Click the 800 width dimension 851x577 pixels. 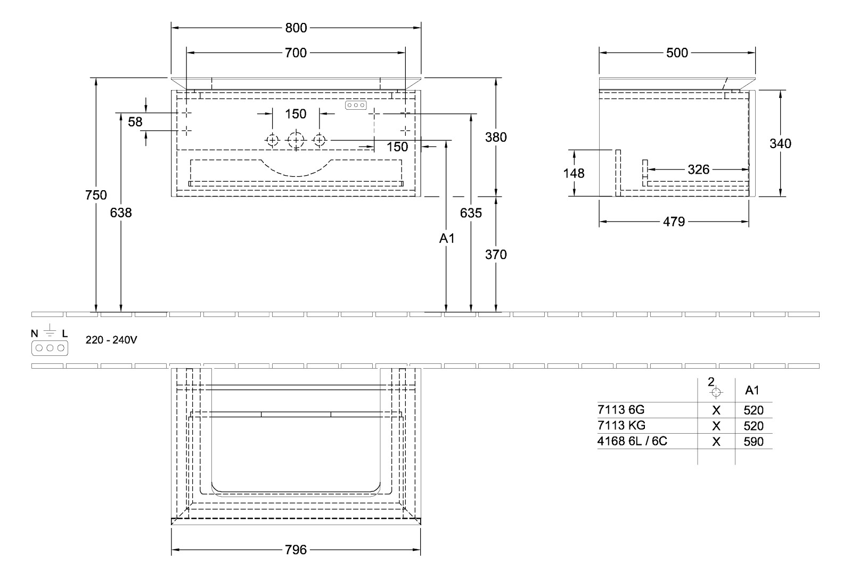[296, 28]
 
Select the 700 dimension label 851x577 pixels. [296, 52]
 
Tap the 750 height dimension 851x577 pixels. [96, 195]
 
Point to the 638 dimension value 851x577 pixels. [121, 213]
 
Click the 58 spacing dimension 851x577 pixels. [135, 121]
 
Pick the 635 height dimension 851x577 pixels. [471, 213]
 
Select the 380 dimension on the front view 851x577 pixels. [496, 137]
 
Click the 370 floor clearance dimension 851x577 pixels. [496, 255]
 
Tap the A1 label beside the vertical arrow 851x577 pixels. [446, 239]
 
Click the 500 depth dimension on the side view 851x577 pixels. [677, 52]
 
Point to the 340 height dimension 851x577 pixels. [780, 143]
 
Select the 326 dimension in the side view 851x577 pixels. [698, 169]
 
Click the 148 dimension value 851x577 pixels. [574, 173]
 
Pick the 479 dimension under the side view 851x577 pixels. [674, 222]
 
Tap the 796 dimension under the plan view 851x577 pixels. [296, 549]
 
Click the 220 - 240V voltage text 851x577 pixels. [112, 339]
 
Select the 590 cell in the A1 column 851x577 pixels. [754, 442]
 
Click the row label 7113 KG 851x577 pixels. [621, 425]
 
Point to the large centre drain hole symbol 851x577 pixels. [296, 141]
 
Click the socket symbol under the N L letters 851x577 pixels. [50, 348]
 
